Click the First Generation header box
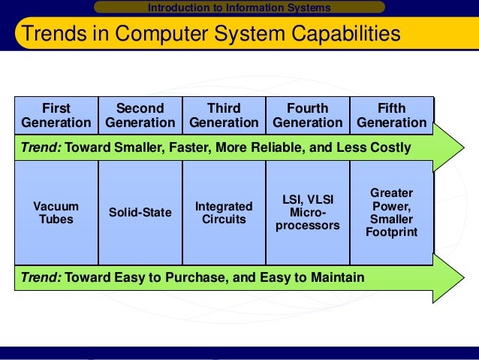click(56, 115)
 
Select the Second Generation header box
click(140, 115)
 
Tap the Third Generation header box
click(224, 115)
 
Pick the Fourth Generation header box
click(308, 115)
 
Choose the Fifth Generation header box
click(391, 115)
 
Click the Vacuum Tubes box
click(56, 213)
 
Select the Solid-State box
click(140, 213)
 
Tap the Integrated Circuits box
click(224, 213)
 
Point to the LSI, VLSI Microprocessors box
click(308, 213)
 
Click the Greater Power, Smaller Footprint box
click(391, 213)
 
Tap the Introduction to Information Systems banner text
click(239, 8)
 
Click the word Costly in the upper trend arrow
click(390, 147)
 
